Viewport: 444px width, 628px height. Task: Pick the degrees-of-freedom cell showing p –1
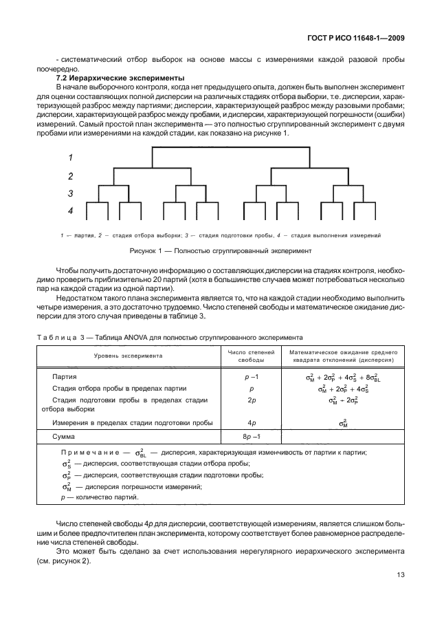[251, 377]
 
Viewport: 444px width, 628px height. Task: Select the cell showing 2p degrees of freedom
[251, 400]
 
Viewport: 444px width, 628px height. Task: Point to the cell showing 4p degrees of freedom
[251, 422]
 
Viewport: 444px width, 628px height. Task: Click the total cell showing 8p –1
[251, 437]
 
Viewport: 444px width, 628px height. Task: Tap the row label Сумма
[64, 437]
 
